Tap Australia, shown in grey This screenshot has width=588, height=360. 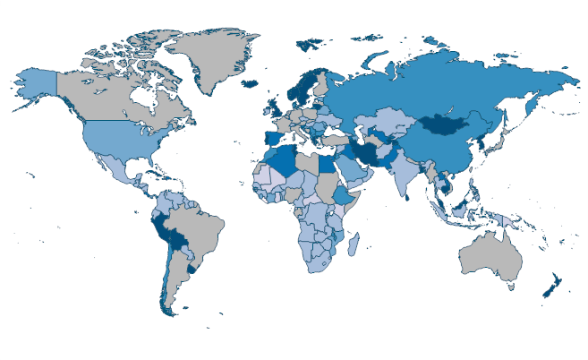(490, 257)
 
